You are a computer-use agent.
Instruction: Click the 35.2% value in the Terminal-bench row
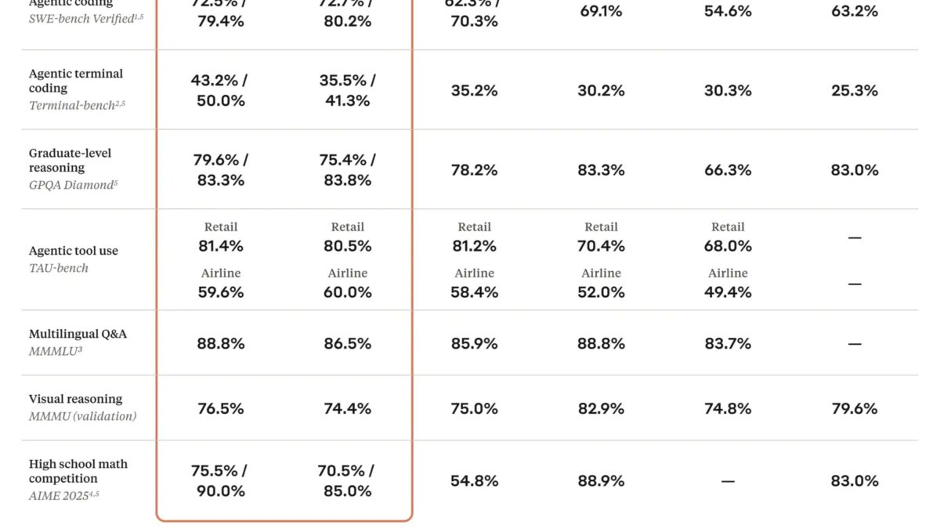[474, 91]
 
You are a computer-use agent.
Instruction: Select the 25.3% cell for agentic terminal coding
[855, 91]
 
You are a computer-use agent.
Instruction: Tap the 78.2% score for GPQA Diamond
[474, 170]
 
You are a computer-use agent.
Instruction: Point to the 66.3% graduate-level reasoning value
[728, 170]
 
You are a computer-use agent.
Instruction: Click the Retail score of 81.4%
[221, 246]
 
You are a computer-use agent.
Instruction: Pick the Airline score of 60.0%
[348, 292]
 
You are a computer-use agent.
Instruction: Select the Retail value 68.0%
[728, 246]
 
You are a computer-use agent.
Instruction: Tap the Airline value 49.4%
[728, 292]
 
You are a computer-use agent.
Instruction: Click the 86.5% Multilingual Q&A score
[348, 343]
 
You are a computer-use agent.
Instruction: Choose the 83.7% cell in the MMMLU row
[728, 343]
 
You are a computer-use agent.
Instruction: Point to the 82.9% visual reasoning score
[601, 408]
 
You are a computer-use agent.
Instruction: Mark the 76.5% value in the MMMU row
[221, 408]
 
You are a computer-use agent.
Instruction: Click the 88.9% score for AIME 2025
[601, 481]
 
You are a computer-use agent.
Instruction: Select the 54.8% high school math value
[474, 481]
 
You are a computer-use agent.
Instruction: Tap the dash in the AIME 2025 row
[728, 481]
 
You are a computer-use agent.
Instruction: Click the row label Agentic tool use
[74, 251]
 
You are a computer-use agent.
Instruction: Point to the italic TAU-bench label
[59, 268]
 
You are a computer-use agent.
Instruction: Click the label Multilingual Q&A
[78, 334]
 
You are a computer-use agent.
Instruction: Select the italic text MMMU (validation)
[82, 416]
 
